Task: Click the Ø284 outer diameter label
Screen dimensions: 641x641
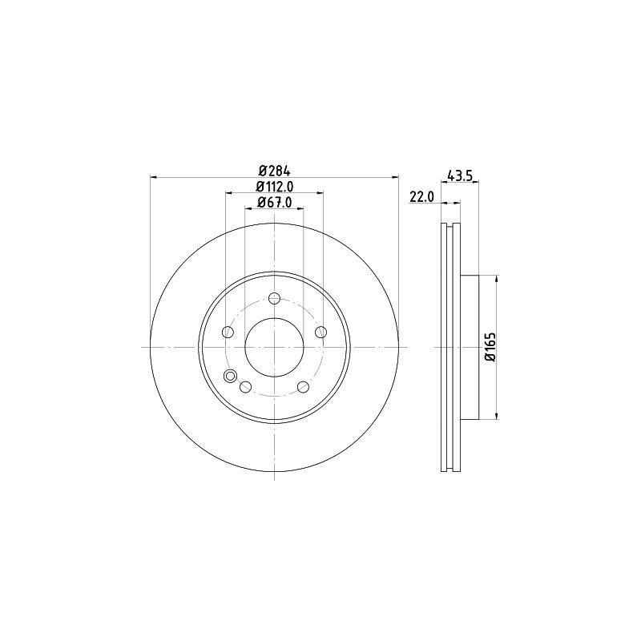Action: pos(274,170)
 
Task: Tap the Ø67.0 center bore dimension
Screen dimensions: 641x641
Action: pos(274,203)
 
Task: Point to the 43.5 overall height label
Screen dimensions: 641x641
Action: pos(458,176)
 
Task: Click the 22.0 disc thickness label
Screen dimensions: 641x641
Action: pos(421,196)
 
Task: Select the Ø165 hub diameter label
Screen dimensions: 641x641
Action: pos(490,347)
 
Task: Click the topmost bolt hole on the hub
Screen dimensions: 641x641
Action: pos(274,299)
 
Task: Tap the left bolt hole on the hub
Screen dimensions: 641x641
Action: pos(228,333)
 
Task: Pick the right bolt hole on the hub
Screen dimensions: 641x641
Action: pos(320,333)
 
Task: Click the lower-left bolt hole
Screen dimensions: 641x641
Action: pos(245,387)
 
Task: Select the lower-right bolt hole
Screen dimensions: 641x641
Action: pos(303,387)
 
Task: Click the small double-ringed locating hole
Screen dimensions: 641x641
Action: pos(231,377)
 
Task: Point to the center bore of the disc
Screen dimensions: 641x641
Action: pos(274,347)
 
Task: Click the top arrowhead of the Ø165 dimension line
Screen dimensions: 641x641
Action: pos(498,279)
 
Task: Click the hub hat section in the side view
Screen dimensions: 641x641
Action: pos(470,347)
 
